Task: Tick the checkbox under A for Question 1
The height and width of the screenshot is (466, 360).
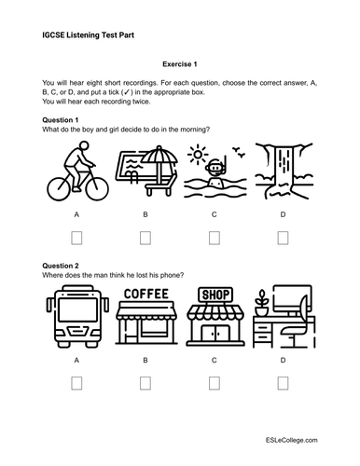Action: [x=76, y=238]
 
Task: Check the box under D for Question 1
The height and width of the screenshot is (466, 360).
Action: [x=283, y=238]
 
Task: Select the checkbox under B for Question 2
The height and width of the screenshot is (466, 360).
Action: [x=145, y=383]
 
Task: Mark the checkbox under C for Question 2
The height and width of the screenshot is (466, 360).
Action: [x=214, y=383]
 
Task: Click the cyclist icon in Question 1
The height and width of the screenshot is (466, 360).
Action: [x=77, y=171]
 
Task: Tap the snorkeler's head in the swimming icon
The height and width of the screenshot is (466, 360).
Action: [x=215, y=168]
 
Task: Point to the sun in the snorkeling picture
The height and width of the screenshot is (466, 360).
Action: [x=198, y=154]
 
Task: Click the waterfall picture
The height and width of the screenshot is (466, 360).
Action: [x=284, y=171]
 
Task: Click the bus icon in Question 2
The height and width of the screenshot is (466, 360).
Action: [x=77, y=316]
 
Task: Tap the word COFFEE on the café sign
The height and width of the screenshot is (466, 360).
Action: [x=145, y=294]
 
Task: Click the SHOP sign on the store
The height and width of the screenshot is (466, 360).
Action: [x=215, y=295]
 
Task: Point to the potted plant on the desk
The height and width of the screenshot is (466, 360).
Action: [x=261, y=303]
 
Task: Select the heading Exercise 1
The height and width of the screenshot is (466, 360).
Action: [x=180, y=64]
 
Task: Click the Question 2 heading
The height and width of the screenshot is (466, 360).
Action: [x=61, y=266]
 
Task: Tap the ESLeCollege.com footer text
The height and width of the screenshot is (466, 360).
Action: [x=291, y=440]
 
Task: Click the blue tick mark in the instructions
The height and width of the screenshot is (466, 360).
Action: [x=127, y=92]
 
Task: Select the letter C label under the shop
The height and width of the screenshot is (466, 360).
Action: [x=214, y=361]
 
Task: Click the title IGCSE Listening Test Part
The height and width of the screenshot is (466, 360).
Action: [x=88, y=35]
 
